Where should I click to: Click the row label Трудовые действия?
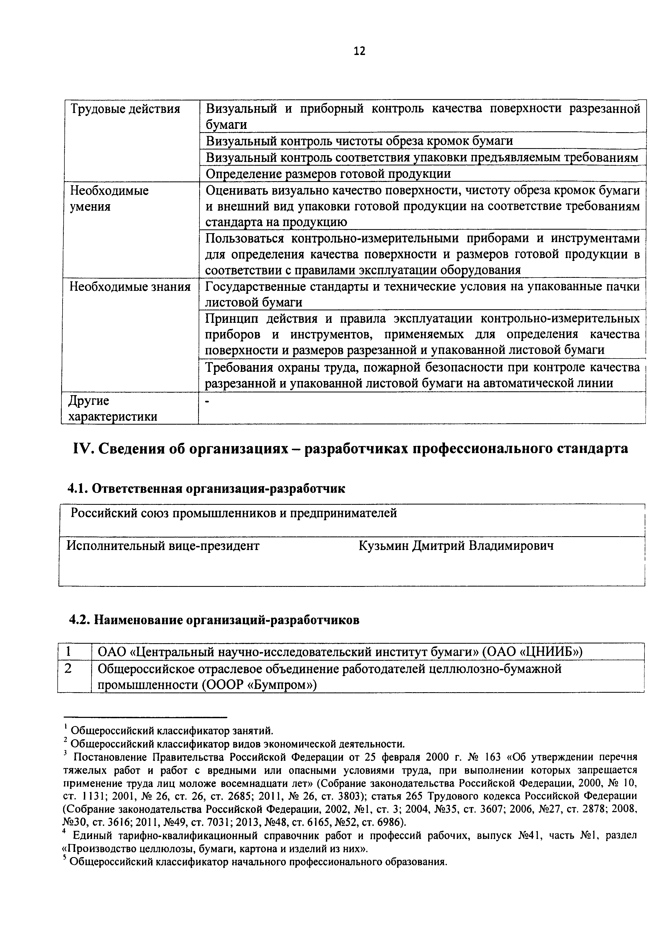(126, 109)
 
